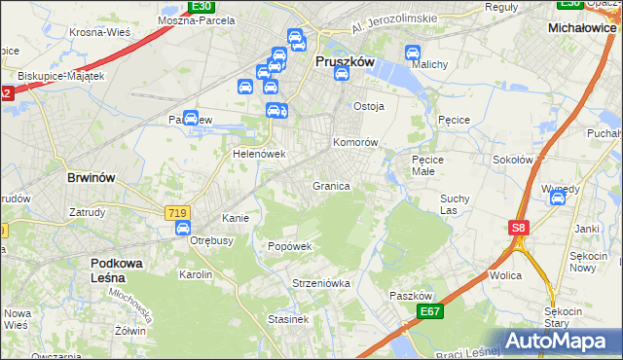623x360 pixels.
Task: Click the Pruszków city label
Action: point(345,60)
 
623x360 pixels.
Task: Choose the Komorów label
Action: point(355,142)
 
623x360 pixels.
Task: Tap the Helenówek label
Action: point(258,154)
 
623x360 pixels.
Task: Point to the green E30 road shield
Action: point(201,6)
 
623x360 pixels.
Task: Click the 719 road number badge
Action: point(177,212)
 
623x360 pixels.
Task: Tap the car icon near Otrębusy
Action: point(182,228)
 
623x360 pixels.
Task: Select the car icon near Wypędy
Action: point(558,198)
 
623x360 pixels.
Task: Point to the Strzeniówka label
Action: point(320,283)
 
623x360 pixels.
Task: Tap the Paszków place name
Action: point(409,296)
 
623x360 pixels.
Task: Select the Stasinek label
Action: point(288,318)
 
